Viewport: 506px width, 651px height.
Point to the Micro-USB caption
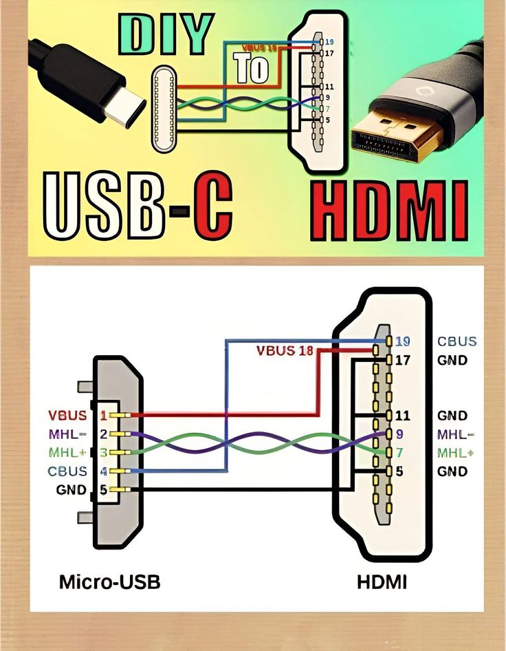(x=109, y=581)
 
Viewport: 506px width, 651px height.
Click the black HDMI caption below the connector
(x=382, y=582)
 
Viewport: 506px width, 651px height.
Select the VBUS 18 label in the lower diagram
(x=285, y=350)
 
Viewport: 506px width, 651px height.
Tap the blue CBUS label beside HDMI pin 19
(x=456, y=342)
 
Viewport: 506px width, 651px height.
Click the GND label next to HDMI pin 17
(x=452, y=360)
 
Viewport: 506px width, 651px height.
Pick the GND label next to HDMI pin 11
(x=452, y=416)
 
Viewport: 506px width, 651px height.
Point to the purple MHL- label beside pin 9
(x=456, y=435)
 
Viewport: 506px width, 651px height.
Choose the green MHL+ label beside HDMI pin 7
(x=456, y=453)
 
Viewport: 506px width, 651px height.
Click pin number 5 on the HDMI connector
(x=399, y=471)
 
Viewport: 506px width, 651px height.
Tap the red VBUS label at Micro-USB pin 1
(x=67, y=415)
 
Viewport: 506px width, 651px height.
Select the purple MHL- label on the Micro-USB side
(x=67, y=434)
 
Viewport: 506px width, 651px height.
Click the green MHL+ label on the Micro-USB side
(x=67, y=453)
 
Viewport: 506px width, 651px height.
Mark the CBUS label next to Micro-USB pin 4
(x=67, y=471)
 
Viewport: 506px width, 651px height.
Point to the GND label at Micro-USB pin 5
(x=71, y=490)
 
